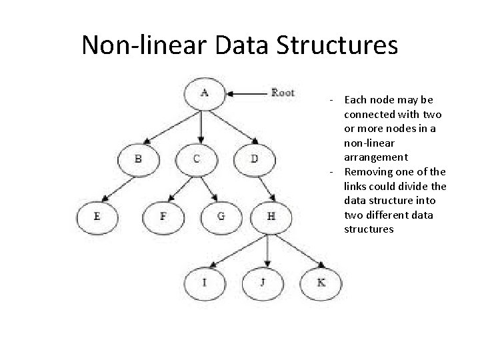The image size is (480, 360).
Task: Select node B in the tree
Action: click(x=138, y=159)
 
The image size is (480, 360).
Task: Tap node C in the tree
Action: click(x=197, y=159)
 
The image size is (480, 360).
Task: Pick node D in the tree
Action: click(x=255, y=159)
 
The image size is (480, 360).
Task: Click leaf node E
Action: click(x=97, y=216)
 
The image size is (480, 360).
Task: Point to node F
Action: click(x=163, y=216)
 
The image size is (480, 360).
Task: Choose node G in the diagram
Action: click(x=221, y=216)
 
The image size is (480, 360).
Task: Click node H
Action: click(x=270, y=216)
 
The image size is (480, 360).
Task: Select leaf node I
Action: click(x=205, y=282)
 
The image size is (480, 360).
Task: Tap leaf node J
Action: click(x=263, y=282)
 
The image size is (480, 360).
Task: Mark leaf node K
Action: click(x=321, y=282)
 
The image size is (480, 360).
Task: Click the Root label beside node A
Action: click(x=283, y=92)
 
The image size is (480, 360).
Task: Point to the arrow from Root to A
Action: click(x=247, y=93)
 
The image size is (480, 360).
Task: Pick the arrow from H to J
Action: click(x=267, y=249)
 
